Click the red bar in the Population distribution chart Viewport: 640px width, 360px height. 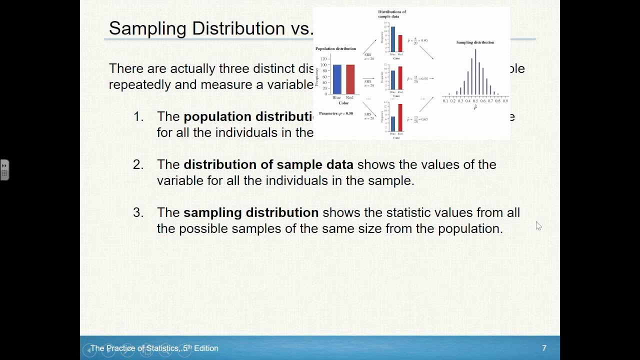pyautogui.click(x=350, y=79)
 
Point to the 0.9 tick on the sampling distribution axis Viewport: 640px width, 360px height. pyautogui.click(x=505, y=100)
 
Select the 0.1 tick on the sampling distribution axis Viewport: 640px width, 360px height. pyautogui.click(x=445, y=100)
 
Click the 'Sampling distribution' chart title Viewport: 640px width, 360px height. pyautogui.click(x=475, y=42)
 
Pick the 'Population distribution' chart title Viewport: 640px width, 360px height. pyautogui.click(x=335, y=48)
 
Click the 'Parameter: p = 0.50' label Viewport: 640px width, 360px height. pyautogui.click(x=336, y=113)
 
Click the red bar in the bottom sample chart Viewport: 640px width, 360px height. pyautogui.click(x=400, y=117)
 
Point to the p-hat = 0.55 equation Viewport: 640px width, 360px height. pyautogui.click(x=417, y=78)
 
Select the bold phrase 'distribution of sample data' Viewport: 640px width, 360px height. pyautogui.click(x=268, y=164)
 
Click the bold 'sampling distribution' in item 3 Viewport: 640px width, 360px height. pyautogui.click(x=251, y=212)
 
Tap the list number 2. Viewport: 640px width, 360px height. pyautogui.click(x=138, y=164)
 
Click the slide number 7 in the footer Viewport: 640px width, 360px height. pyautogui.click(x=544, y=348)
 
